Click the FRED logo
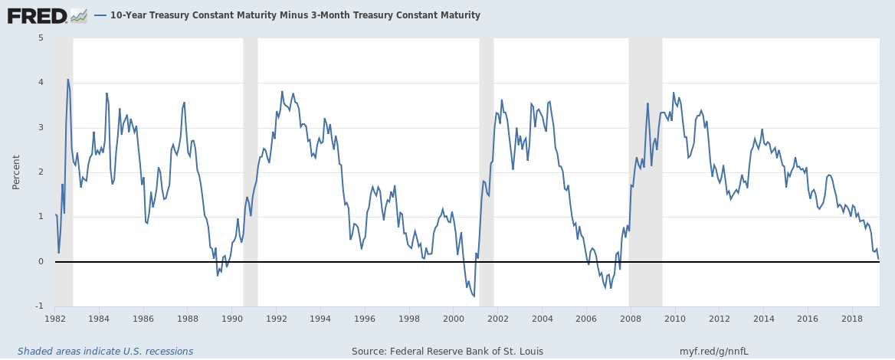37,15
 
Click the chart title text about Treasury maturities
295,15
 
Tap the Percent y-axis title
16,172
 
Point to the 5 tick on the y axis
41,38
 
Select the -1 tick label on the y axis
40,306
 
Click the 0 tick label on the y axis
41,262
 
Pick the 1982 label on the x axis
55,318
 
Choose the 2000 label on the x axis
454,318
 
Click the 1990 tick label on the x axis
232,318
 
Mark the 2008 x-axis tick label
631,318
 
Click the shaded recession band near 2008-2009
645,153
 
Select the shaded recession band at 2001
486,153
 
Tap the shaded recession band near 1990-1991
250,153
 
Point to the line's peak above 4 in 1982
67,79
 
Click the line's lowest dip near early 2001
474,296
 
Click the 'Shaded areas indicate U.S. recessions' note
105,352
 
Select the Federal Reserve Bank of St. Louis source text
447,352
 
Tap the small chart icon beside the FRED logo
78,15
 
